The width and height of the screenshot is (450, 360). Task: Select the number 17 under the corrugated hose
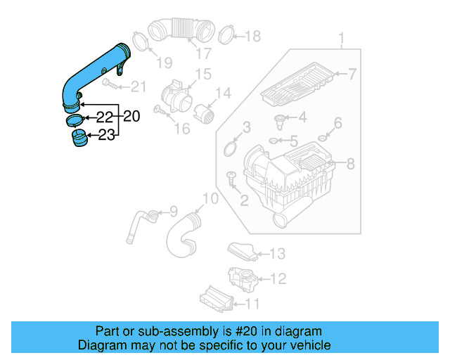pos(202,53)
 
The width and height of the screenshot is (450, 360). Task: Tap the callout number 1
pos(342,38)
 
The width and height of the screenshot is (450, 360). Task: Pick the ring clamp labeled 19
pos(139,39)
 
